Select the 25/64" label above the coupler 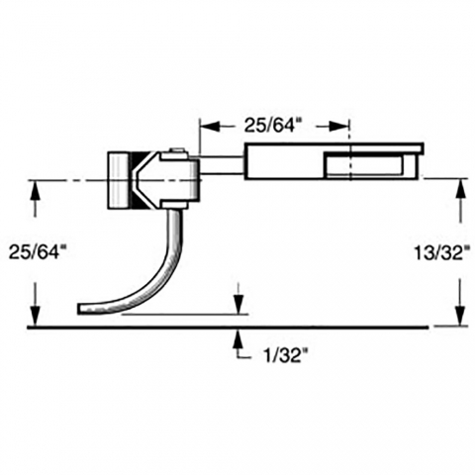[273, 126]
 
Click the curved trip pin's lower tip [79, 309]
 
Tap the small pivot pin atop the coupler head [178, 150]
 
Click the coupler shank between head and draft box [222, 165]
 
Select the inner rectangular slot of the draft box [364, 165]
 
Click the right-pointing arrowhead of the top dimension [339, 126]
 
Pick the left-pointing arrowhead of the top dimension [210, 126]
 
